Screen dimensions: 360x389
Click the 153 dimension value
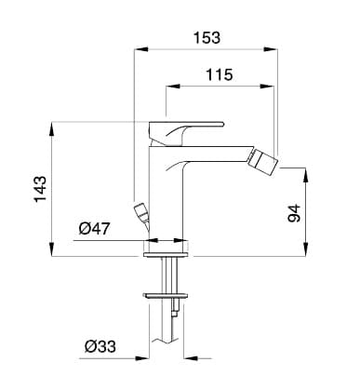[x=207, y=38]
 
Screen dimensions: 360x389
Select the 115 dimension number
[x=220, y=74]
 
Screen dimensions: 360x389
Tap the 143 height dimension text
[x=40, y=189]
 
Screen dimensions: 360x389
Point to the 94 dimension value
[x=294, y=213]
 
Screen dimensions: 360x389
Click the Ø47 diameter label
[x=94, y=229]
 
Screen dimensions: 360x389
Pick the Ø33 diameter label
[x=100, y=346]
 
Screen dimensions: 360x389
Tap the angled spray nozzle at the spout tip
[x=263, y=162]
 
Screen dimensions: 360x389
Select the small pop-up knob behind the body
[x=141, y=212]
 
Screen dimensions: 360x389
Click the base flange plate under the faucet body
[x=166, y=255]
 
